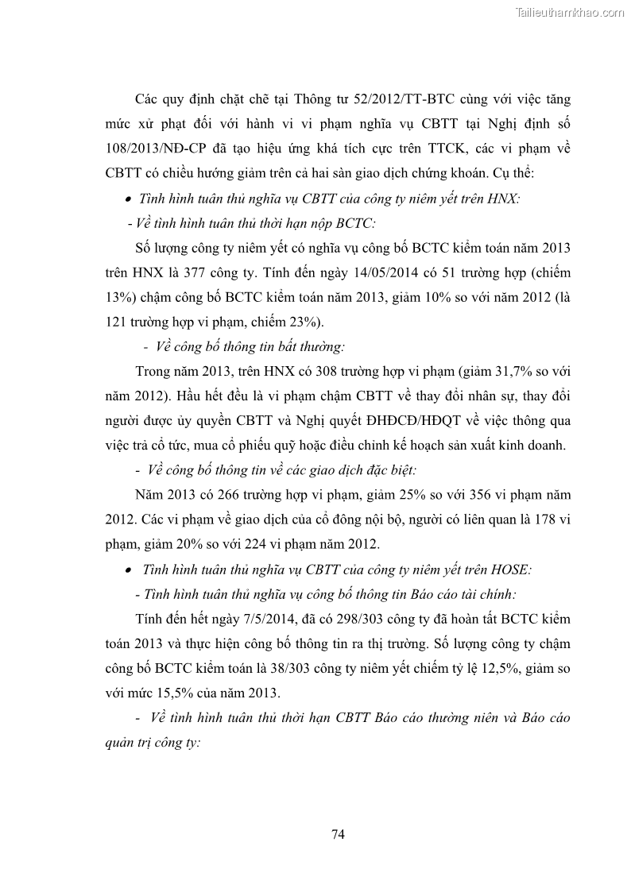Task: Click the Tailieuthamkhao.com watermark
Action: click(x=570, y=12)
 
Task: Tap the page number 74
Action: click(x=337, y=833)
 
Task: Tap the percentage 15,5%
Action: click(x=181, y=692)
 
